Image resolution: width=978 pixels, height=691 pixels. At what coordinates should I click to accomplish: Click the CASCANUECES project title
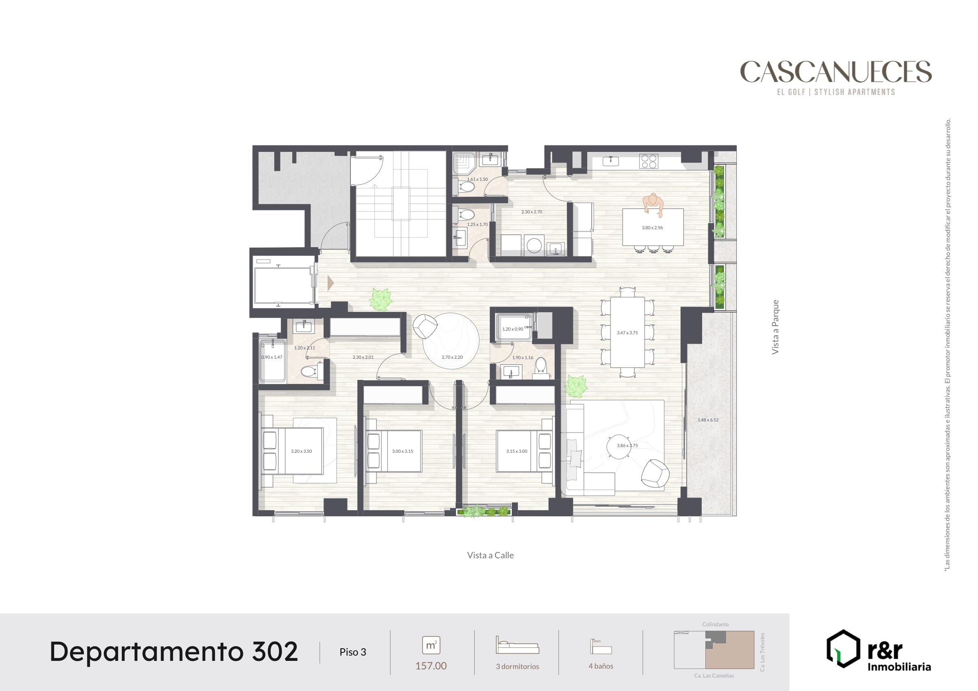click(836, 72)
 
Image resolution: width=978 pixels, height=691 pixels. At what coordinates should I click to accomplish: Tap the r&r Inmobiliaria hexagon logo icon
click(844, 648)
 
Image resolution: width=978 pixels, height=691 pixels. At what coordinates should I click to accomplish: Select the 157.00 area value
click(431, 666)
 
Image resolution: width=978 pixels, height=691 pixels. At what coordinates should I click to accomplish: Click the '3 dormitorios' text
click(517, 666)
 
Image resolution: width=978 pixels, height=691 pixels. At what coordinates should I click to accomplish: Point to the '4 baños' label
click(601, 666)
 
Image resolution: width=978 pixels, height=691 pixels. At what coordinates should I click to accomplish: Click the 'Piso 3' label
click(353, 652)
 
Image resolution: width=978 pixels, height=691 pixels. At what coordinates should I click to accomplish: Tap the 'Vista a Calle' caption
click(490, 555)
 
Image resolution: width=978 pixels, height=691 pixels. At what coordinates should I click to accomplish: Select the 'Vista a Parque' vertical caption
click(775, 327)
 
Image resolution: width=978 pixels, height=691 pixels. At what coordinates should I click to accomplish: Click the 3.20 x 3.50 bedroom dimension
click(302, 451)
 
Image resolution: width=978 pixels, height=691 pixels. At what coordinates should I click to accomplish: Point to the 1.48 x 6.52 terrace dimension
click(708, 420)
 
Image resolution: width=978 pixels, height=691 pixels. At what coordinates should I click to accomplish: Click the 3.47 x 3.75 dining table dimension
click(628, 333)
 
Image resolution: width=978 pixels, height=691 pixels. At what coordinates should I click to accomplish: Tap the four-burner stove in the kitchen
click(649, 161)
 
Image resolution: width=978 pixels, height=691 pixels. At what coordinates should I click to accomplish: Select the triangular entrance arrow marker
click(330, 283)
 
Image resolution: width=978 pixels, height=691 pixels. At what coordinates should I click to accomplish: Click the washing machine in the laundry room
click(534, 245)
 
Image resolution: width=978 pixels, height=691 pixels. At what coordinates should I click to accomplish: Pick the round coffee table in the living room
click(619, 446)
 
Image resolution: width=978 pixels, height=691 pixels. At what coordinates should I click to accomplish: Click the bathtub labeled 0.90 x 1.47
click(272, 361)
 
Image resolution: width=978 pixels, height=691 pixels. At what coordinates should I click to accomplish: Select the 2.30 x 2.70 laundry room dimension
click(532, 212)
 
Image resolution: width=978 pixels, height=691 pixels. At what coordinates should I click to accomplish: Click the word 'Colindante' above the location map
click(715, 624)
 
